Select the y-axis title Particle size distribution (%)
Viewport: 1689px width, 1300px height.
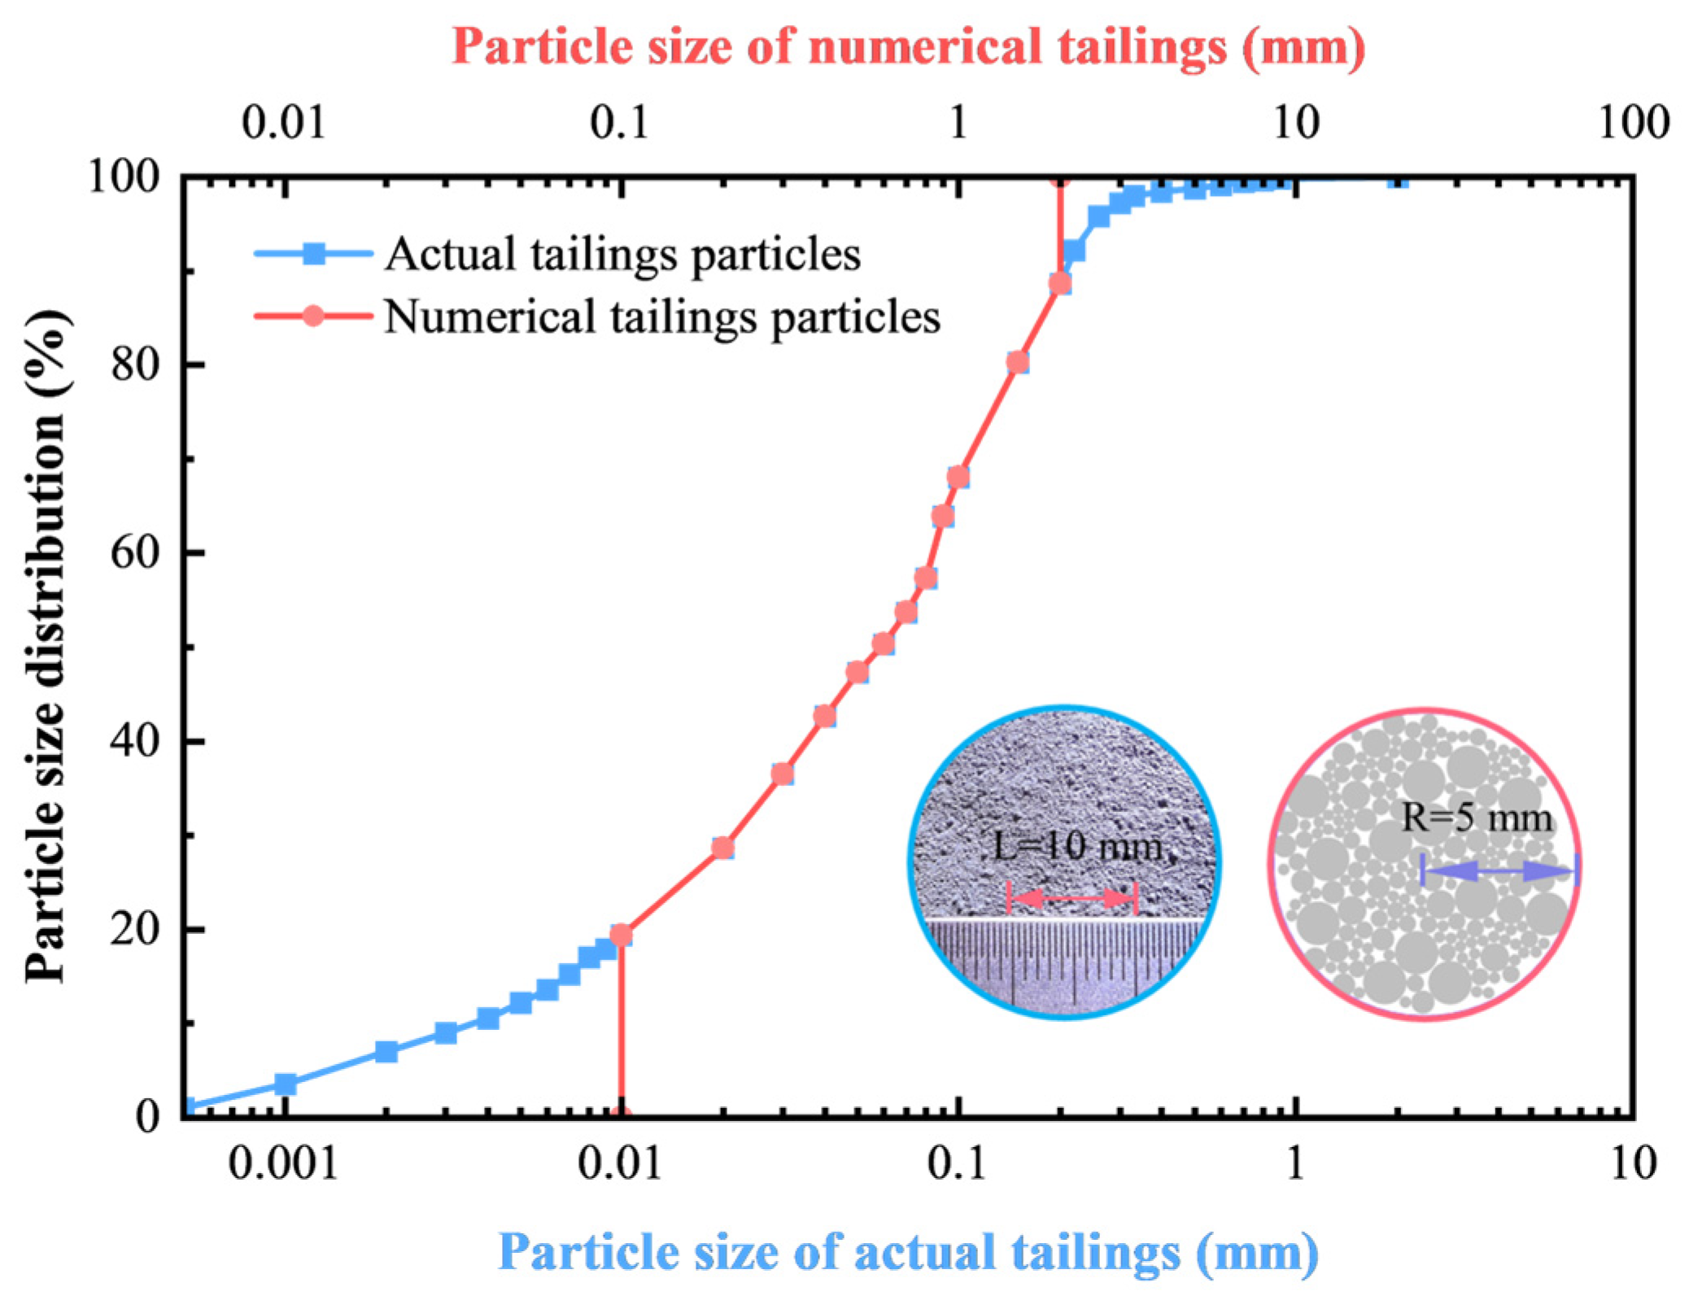point(46,647)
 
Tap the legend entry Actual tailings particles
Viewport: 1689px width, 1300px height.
point(622,255)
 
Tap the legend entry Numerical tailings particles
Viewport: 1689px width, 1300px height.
point(661,316)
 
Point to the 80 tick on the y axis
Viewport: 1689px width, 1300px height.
point(135,364)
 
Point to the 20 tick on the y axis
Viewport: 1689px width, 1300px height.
point(135,928)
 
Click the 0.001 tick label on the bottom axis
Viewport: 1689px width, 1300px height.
point(283,1164)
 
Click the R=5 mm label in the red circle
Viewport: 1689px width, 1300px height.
point(1476,818)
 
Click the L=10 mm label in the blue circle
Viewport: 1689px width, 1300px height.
point(1077,847)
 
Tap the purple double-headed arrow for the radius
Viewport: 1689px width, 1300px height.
point(1499,871)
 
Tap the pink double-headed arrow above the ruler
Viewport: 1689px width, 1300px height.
point(1071,898)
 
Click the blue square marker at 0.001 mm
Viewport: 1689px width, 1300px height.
point(285,1084)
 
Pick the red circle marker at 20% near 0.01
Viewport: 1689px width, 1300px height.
point(621,936)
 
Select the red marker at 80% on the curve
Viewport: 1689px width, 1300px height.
point(1017,362)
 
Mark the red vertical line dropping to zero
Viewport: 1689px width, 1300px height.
point(621,1033)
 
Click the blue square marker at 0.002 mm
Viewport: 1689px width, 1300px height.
point(386,1051)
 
